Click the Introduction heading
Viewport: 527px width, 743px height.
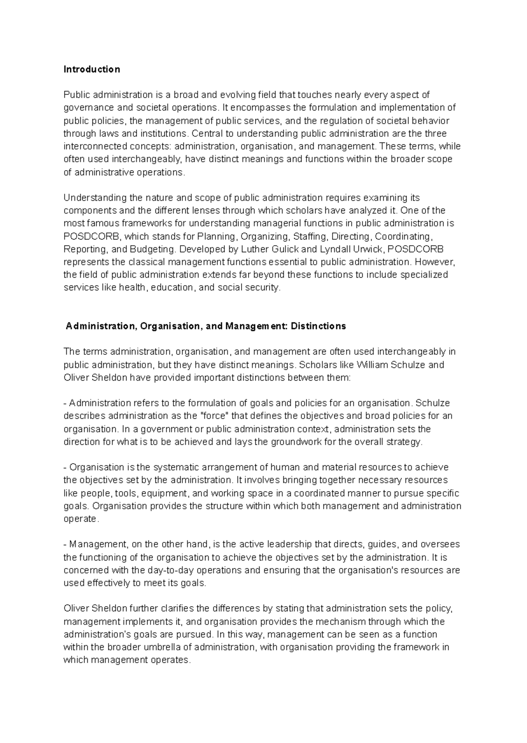click(91, 69)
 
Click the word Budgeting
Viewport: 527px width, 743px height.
click(152, 249)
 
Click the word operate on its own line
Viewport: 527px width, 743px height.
click(80, 518)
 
